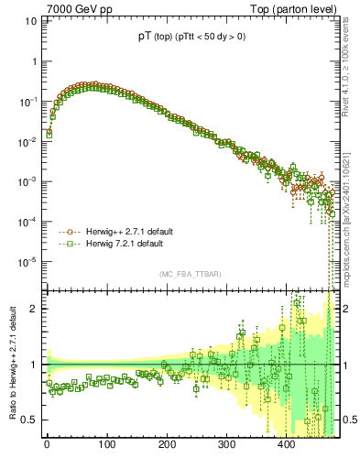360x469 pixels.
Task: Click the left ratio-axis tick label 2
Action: click(32, 309)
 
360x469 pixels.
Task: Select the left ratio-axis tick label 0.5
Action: click(28, 420)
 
